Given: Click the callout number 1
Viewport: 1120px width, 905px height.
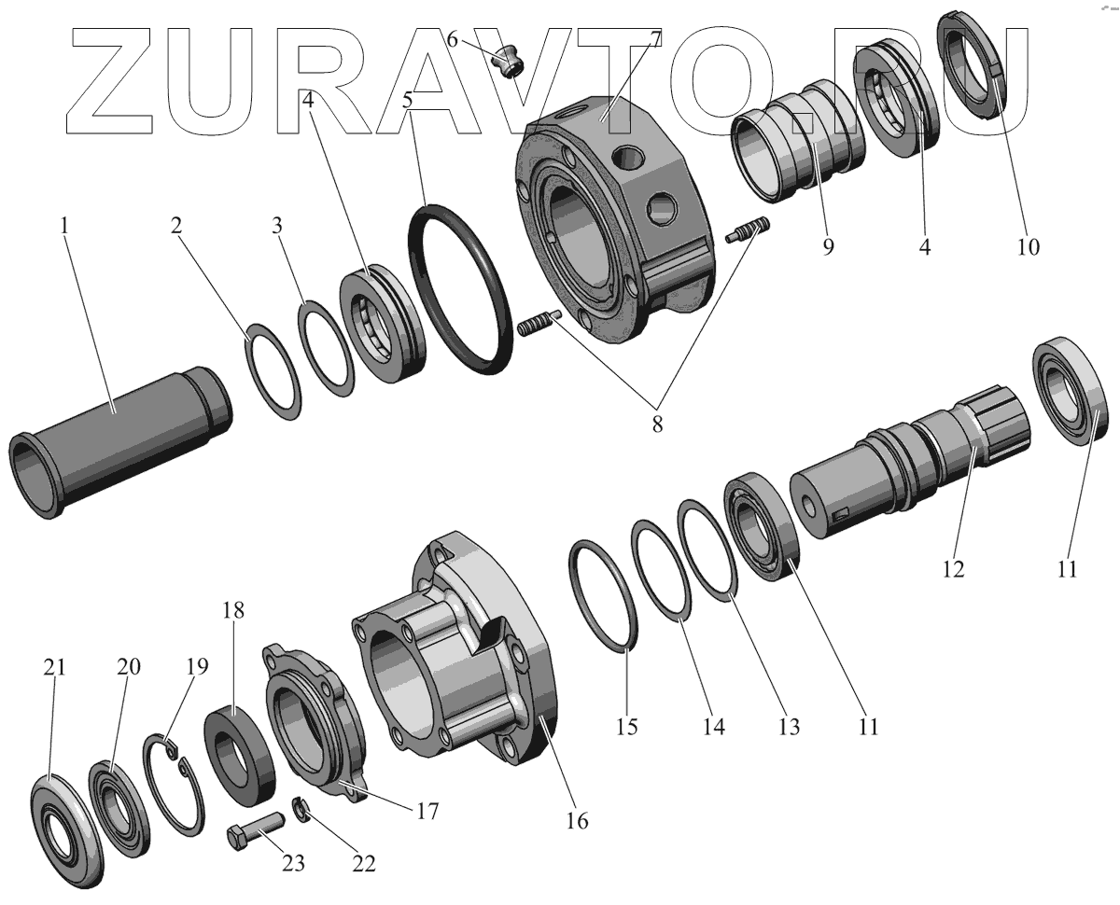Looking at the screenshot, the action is pos(64,226).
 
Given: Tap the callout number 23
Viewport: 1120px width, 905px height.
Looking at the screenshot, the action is pos(293,863).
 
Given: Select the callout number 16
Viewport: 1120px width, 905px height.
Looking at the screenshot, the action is pos(577,821).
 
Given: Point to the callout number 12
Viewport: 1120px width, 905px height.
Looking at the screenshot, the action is pos(953,568).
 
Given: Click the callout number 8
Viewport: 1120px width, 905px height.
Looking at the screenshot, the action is pos(657,425).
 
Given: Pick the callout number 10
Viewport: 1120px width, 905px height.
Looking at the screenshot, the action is pos(1028,246).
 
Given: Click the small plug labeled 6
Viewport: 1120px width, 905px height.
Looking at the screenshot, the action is pos(508,62).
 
